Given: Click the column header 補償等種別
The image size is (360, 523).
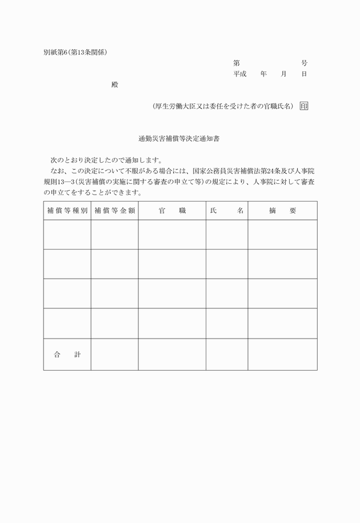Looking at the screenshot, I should tap(67, 211).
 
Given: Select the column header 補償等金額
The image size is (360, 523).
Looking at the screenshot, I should tap(114, 211).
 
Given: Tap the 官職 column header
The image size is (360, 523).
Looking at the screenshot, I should tap(172, 211).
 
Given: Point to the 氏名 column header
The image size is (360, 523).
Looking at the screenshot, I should tap(227, 211).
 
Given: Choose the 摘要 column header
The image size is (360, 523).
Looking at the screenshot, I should tap(282, 211).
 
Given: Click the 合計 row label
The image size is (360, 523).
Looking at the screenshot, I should tap(67, 355).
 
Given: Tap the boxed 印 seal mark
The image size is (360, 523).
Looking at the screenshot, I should tap(303, 106).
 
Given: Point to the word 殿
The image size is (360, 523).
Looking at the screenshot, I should tap(114, 85).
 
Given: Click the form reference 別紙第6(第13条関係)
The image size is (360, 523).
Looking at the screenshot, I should tap(75, 52).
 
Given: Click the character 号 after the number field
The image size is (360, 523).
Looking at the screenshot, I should tap(304, 63).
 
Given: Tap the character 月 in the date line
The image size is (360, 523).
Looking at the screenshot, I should tap(283, 74).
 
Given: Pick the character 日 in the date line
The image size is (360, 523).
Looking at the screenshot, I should tap(304, 74).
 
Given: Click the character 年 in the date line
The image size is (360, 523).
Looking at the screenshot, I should tap(263, 74).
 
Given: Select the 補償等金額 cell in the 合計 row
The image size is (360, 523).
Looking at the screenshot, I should tap(114, 355).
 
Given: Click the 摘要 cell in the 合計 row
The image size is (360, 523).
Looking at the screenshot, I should tap(282, 355).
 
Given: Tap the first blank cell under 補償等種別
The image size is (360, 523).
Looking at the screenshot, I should tap(67, 235).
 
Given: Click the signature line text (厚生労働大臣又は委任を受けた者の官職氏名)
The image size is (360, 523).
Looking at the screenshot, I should tap(223, 106).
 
